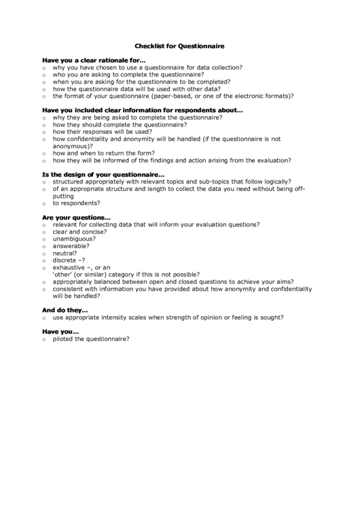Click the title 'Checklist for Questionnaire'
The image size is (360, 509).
(x=179, y=46)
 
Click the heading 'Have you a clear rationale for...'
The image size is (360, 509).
(x=94, y=60)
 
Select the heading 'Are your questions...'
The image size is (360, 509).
(x=76, y=217)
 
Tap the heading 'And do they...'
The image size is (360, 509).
(x=65, y=310)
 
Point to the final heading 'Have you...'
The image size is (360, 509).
(x=61, y=332)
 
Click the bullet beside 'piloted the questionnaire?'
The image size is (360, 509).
(x=43, y=339)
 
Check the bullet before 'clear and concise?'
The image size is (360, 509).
(x=43, y=232)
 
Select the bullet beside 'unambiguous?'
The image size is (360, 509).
(x=43, y=239)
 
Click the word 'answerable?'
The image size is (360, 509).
(x=71, y=246)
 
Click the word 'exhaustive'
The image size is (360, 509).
(x=69, y=268)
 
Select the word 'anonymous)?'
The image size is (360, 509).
(x=73, y=145)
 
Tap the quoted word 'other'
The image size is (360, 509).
(x=65, y=275)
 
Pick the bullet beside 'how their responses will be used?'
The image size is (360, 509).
(x=43, y=132)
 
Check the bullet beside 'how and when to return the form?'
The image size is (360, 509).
(x=43, y=154)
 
